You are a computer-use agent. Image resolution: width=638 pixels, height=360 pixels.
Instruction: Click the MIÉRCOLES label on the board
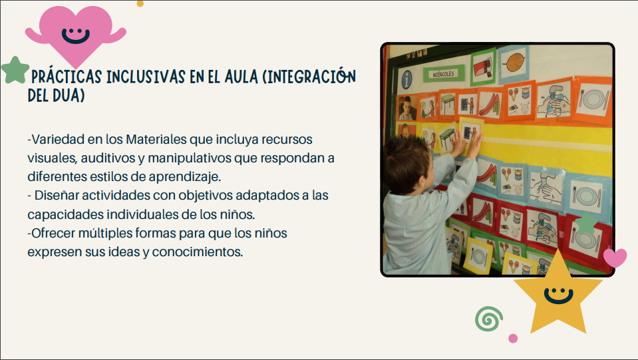[x=444, y=74]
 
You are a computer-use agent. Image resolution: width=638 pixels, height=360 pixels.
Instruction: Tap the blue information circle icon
[x=407, y=80]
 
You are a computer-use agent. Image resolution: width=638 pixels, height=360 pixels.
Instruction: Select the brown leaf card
[x=514, y=63]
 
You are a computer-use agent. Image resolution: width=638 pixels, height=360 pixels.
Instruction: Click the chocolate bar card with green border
[x=484, y=67]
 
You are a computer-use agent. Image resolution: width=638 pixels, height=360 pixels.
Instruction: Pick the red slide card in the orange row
[x=490, y=104]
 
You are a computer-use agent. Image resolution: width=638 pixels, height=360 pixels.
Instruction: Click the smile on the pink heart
[x=75, y=35]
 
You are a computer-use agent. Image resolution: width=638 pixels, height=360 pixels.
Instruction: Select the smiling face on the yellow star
[x=558, y=295]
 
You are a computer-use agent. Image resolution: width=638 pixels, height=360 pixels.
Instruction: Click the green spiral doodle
[x=489, y=319]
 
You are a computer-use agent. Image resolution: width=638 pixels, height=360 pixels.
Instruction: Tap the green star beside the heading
[x=15, y=70]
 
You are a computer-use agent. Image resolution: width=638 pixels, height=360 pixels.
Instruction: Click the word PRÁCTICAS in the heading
[x=67, y=77]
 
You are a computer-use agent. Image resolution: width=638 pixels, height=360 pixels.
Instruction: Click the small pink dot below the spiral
[x=513, y=338]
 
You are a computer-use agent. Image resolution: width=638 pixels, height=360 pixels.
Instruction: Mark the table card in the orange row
[x=447, y=102]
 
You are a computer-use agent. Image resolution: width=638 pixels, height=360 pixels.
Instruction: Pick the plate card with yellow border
[x=478, y=256]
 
